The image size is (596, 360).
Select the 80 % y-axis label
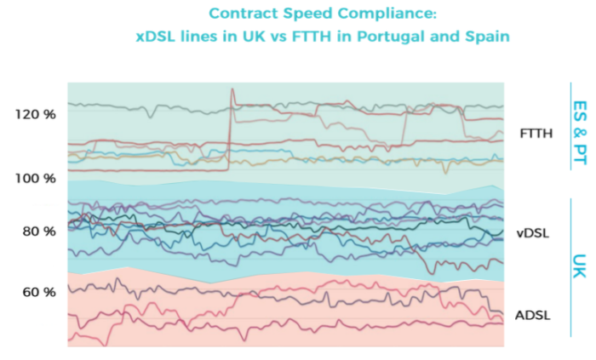[x=37, y=231]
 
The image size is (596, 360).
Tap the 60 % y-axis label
[x=37, y=292]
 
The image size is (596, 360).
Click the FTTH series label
[x=536, y=133]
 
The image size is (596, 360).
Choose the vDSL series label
[x=534, y=231]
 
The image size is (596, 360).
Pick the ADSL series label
[x=534, y=315]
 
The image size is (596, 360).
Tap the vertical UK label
[x=581, y=266]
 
